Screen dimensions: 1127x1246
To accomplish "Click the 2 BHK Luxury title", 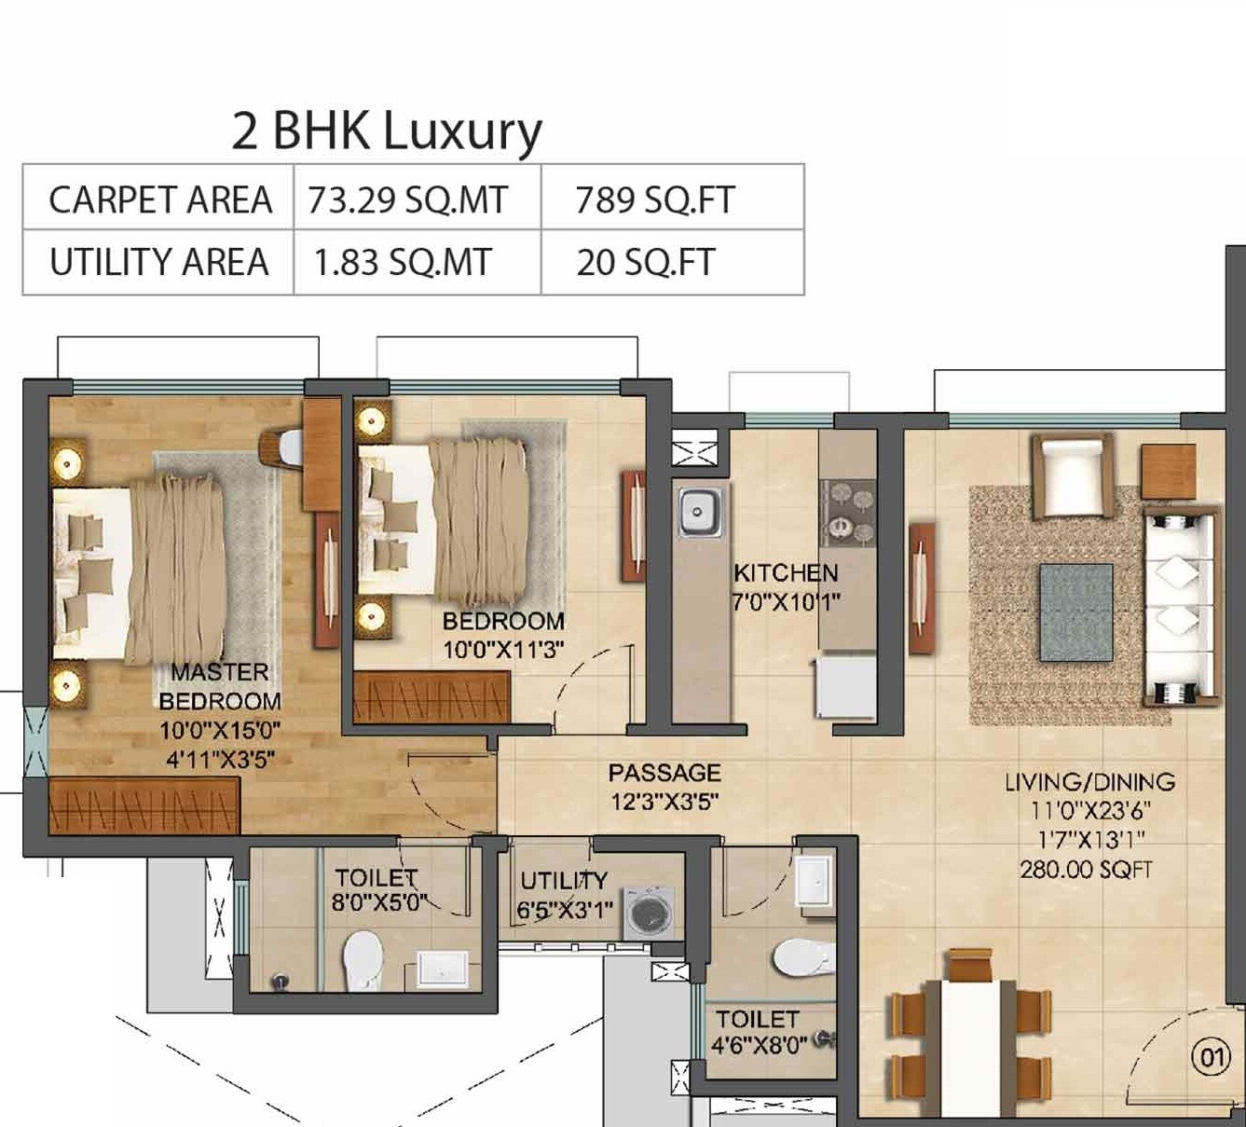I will pyautogui.click(x=387, y=131).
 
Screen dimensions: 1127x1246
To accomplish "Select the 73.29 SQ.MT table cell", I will pyautogui.click(x=408, y=200).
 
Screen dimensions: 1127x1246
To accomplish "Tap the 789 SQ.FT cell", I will pyautogui.click(x=655, y=200).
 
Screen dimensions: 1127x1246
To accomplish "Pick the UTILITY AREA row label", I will pyautogui.click(x=158, y=263).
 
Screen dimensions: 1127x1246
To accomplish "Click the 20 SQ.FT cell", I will pyautogui.click(x=645, y=263).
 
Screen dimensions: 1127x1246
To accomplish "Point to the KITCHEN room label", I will pyautogui.click(x=786, y=573).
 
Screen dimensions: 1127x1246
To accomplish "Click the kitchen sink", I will pyautogui.click(x=697, y=511).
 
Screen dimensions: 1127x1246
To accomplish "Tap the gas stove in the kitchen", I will pyautogui.click(x=848, y=513).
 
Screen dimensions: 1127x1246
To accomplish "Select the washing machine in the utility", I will pyautogui.click(x=648, y=914).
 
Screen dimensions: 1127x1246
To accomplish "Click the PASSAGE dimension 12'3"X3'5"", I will pyautogui.click(x=664, y=802).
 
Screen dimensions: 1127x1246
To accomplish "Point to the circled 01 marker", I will pyautogui.click(x=1212, y=1057).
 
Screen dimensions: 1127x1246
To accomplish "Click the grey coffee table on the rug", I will pyautogui.click(x=1076, y=612).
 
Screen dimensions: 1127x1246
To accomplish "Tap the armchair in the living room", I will pyautogui.click(x=1072, y=475).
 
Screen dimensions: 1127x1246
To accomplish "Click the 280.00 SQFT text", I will pyautogui.click(x=1086, y=870).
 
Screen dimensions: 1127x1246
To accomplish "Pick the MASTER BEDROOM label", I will pyautogui.click(x=220, y=686).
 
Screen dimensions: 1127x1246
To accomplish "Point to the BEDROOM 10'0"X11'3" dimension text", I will pyautogui.click(x=503, y=650).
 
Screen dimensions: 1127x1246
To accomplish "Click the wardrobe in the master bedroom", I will pyautogui.click(x=144, y=805).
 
